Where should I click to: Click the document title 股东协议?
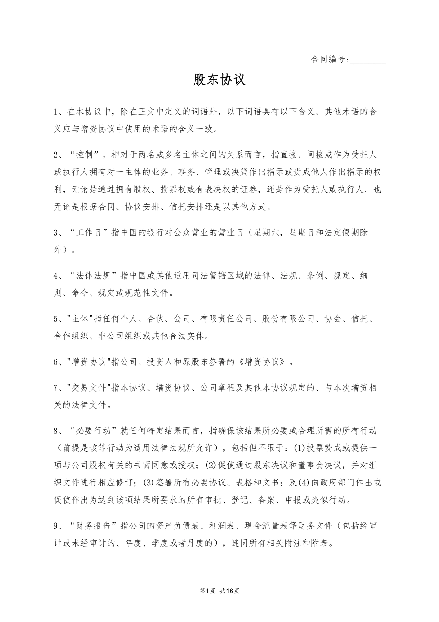[219, 80]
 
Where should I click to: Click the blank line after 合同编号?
[368, 61]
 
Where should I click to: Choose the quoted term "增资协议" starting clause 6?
[90, 362]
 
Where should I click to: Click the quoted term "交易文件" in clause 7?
[90, 387]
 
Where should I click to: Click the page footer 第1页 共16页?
[219, 591]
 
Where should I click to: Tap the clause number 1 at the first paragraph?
[56, 112]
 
